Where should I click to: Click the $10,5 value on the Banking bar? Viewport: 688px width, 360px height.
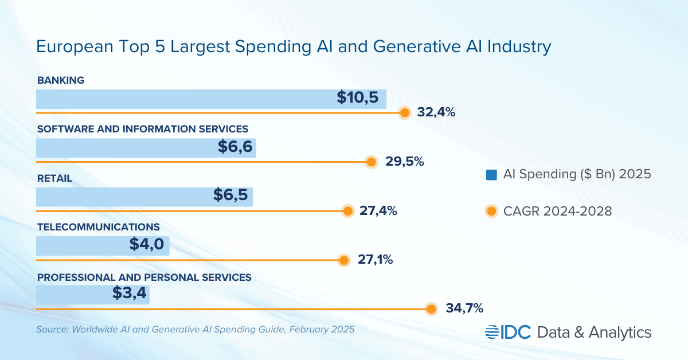[358, 98]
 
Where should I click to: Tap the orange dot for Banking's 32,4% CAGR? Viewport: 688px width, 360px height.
[405, 113]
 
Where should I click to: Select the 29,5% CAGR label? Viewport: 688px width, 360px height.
[404, 162]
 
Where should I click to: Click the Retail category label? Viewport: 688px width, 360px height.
[54, 178]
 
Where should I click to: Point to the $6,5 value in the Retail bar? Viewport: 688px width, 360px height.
[230, 195]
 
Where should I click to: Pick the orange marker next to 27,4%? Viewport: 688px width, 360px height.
[347, 211]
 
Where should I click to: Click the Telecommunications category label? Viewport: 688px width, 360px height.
[98, 228]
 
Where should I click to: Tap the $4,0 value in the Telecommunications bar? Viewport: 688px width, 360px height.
[147, 245]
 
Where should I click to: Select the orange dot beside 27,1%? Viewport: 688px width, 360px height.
[343, 260]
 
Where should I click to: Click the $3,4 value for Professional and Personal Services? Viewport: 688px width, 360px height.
[130, 295]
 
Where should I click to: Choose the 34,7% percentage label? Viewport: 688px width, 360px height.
[464, 309]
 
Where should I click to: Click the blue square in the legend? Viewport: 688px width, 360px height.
[491, 174]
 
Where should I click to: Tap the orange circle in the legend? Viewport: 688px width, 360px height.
[491, 211]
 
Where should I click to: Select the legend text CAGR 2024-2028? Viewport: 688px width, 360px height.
[558, 211]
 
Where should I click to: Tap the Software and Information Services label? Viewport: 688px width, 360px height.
[143, 129]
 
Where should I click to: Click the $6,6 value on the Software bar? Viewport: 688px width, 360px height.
[234, 147]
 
